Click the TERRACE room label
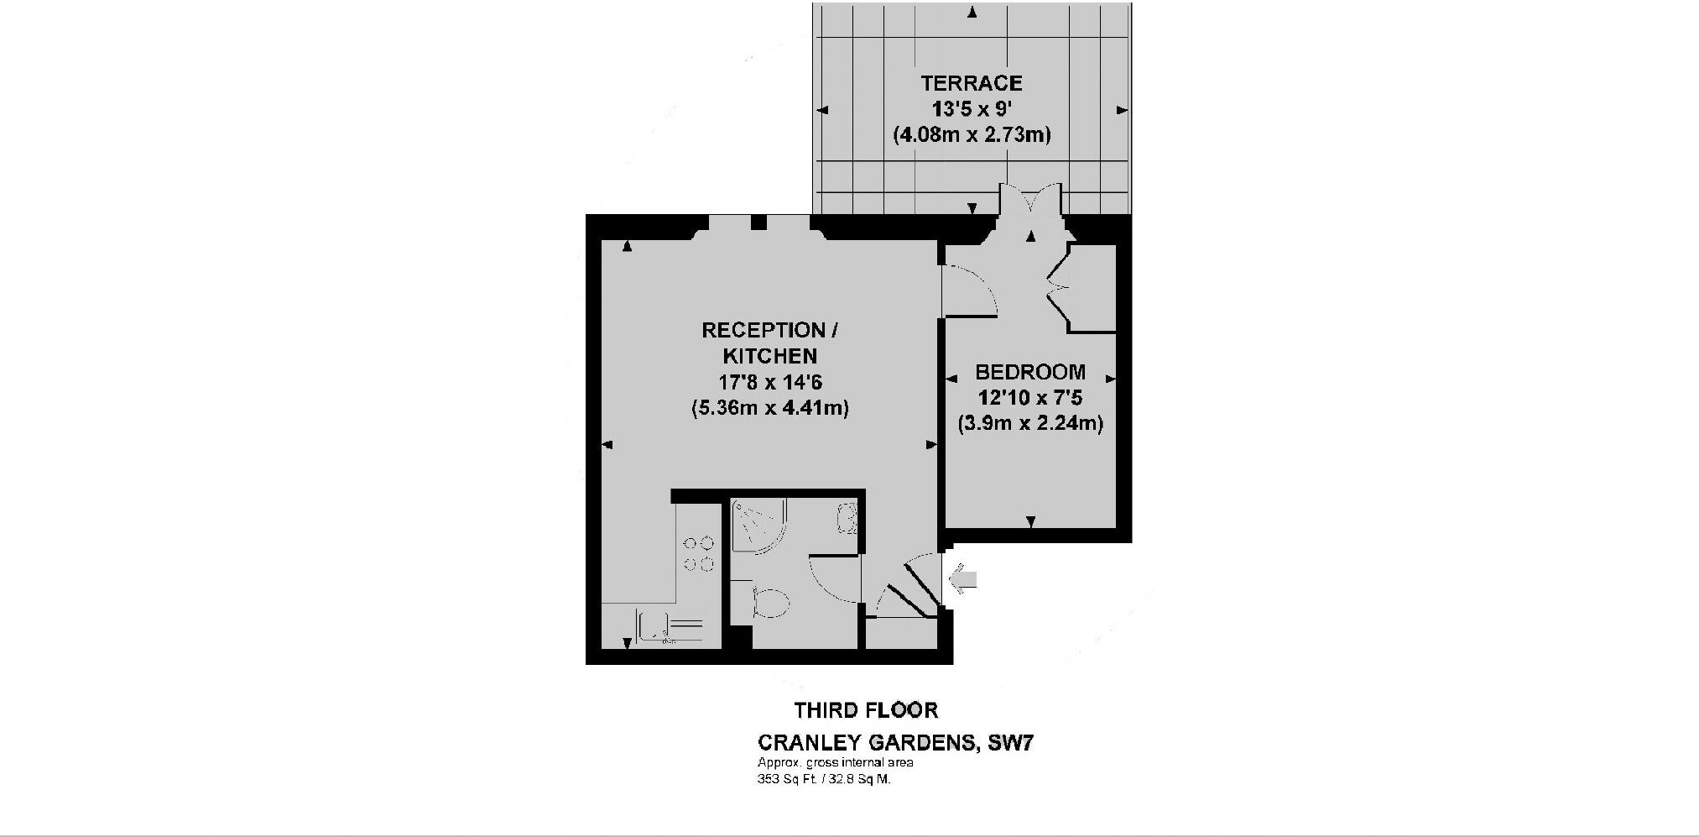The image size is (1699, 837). point(972,83)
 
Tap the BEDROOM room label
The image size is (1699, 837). point(1030,372)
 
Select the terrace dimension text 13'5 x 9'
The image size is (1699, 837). point(972,108)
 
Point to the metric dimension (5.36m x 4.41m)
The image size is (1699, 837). point(769,409)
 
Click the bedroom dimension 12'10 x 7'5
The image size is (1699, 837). point(1030,397)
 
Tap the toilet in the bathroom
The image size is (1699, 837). point(770,603)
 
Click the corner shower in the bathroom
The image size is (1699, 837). point(757,525)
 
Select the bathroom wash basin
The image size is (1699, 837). point(847,518)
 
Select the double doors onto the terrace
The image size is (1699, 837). point(1030,210)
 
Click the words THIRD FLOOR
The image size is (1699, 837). point(866,710)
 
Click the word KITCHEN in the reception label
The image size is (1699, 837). point(769,356)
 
